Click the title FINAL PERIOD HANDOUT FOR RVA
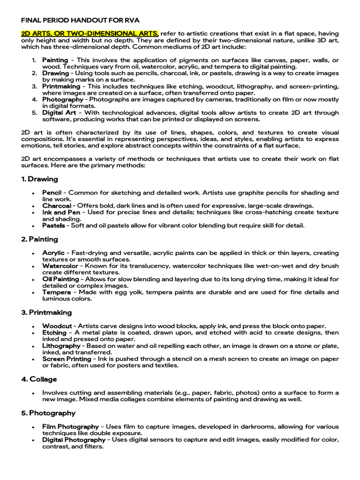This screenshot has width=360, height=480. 80,21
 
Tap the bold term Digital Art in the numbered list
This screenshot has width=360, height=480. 59,113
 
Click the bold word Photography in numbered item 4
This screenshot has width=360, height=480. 63,100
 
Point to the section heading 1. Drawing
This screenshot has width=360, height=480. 40,179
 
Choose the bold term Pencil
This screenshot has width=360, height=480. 52,193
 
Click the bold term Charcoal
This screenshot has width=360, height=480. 57,206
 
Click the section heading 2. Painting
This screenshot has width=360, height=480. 40,240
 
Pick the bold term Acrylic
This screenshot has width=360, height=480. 53,253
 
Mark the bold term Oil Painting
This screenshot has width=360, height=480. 60,279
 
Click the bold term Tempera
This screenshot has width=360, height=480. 56,292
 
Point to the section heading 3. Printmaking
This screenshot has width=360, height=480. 46,313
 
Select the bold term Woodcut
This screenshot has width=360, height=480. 57,326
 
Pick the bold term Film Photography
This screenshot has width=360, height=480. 70,427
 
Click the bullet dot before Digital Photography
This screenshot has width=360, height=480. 33,441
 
